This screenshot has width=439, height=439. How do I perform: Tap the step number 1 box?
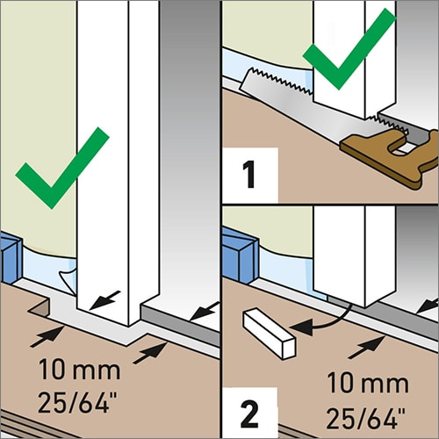[x=250, y=175]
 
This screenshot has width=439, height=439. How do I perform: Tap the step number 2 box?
[x=249, y=414]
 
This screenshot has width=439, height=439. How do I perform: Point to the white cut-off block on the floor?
[x=269, y=334]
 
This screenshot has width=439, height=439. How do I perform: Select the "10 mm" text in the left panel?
[x=80, y=370]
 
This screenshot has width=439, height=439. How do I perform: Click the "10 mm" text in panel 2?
[x=368, y=383]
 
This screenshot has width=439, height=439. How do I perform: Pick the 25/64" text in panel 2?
[x=366, y=418]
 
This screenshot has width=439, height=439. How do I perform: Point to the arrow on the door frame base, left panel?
[x=104, y=300]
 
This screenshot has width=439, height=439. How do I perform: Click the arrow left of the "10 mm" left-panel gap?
[x=47, y=336]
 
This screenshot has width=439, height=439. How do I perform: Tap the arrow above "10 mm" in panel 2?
[x=366, y=347]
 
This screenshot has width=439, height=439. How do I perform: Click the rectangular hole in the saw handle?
[x=404, y=148]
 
